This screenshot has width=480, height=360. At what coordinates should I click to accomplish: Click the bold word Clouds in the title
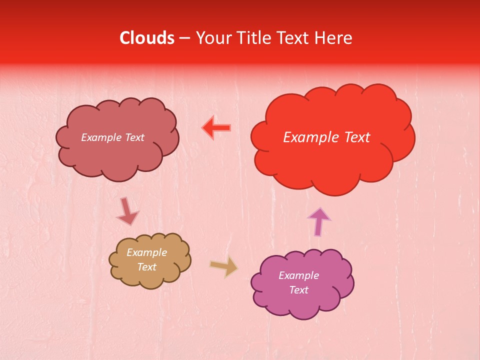pyautogui.click(x=147, y=38)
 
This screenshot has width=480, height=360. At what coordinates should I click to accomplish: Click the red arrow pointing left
pyautogui.click(x=216, y=128)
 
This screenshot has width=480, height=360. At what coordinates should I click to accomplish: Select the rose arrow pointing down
pyautogui.click(x=127, y=211)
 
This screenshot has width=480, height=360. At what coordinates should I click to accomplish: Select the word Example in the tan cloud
pyautogui.click(x=147, y=252)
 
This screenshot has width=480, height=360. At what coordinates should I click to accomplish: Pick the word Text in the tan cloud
pyautogui.click(x=147, y=267)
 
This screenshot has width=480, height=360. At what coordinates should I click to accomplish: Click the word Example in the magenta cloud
pyautogui.click(x=298, y=275)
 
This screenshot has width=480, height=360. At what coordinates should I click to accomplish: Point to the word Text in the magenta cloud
pyautogui.click(x=298, y=290)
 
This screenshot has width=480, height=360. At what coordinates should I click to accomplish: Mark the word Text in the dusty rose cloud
pyautogui.click(x=134, y=137)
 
